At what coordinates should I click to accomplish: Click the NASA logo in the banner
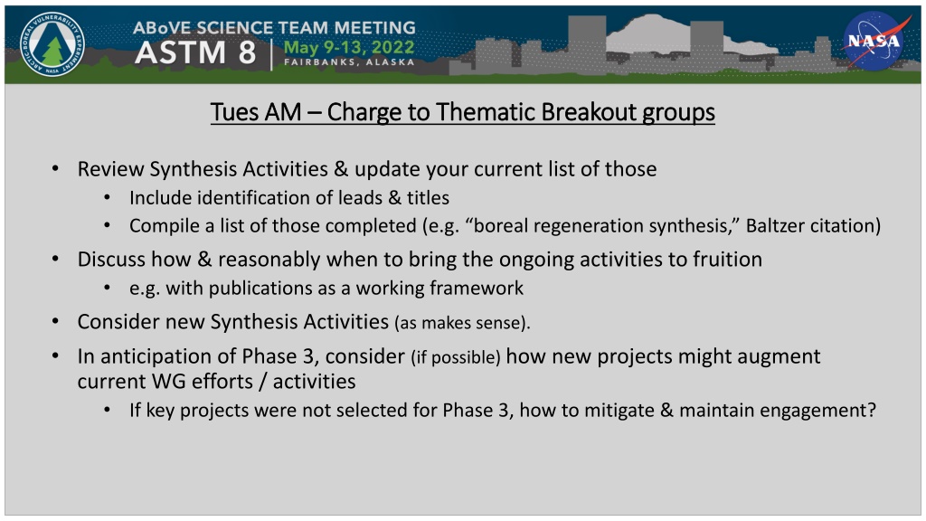(x=874, y=42)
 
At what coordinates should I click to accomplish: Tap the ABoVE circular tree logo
(x=52, y=44)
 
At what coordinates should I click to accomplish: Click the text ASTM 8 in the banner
(x=195, y=52)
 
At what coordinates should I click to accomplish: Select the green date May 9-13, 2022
(x=349, y=47)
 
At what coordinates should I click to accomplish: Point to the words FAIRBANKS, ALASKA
(x=349, y=62)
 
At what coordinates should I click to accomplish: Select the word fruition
(x=728, y=260)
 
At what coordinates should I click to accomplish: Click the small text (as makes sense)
(x=462, y=323)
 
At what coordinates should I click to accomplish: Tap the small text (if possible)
(x=456, y=356)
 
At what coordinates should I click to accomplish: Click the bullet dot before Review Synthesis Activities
(x=55, y=169)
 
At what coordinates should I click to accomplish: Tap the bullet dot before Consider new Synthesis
(x=55, y=321)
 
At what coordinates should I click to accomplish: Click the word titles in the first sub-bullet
(x=428, y=198)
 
